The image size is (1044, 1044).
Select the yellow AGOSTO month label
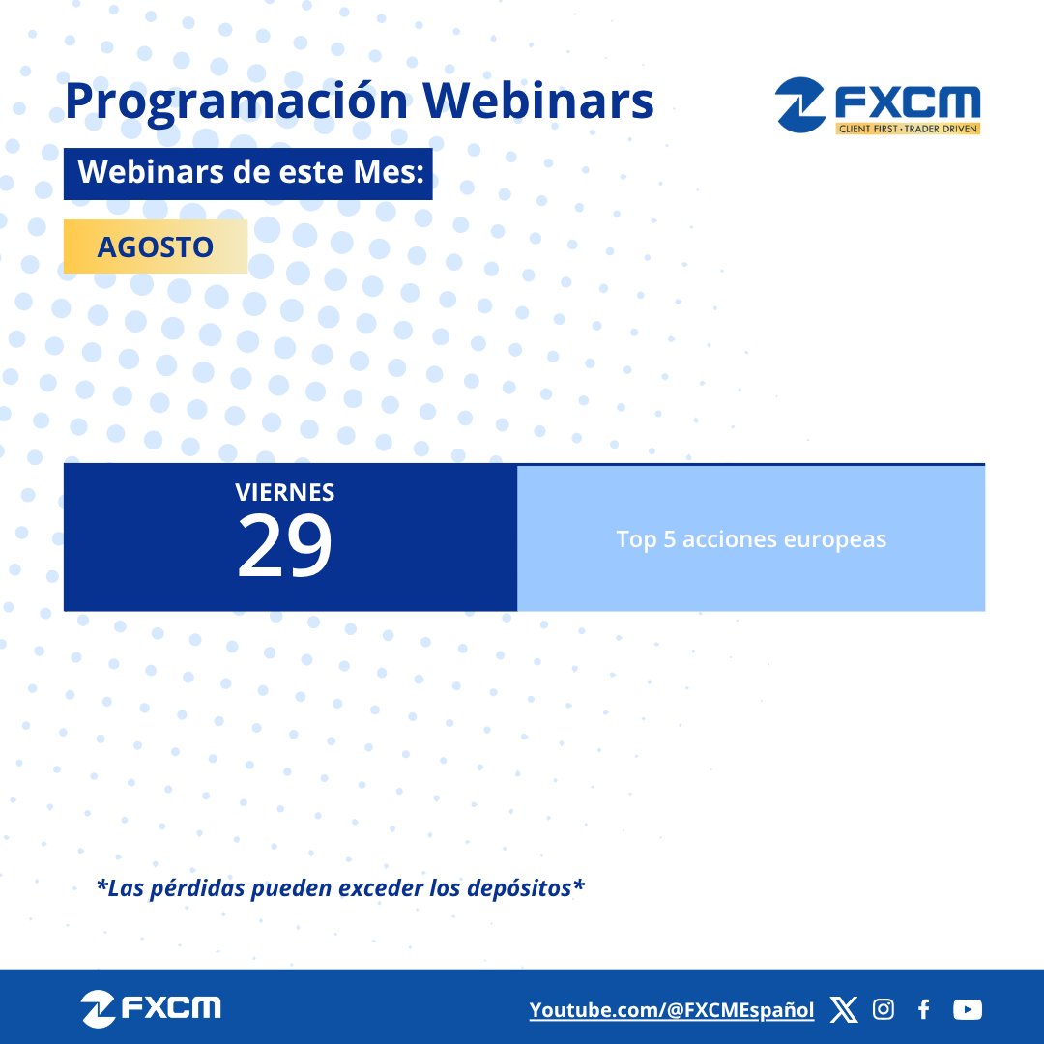tap(155, 246)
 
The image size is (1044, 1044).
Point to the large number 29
tap(285, 545)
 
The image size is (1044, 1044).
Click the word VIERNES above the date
tap(285, 492)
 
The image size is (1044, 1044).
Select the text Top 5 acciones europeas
tap(751, 539)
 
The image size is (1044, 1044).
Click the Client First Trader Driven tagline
tap(908, 129)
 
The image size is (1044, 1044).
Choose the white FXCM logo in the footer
tap(152, 1008)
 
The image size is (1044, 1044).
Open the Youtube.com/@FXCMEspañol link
tap(672, 1010)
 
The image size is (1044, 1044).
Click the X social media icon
tap(843, 1010)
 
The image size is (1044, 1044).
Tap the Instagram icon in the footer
tap(883, 1010)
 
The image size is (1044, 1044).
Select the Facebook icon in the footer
tap(923, 1010)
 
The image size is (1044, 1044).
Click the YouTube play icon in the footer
tap(967, 1010)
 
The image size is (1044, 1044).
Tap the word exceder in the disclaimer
tap(377, 887)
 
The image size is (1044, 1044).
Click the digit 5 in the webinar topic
tap(669, 539)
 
